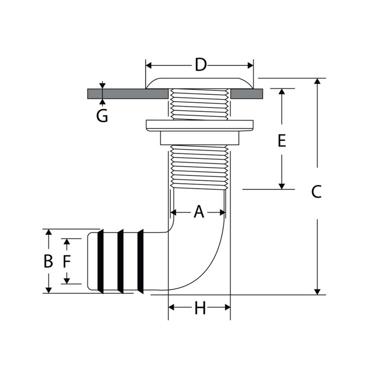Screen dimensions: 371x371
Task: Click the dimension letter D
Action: (x=201, y=65)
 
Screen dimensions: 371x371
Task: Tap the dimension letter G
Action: (x=102, y=116)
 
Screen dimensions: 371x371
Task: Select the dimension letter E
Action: (x=282, y=141)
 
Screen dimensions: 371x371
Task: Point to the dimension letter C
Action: (x=316, y=192)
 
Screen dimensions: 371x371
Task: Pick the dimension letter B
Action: (x=48, y=261)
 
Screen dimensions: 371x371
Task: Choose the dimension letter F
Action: (x=67, y=261)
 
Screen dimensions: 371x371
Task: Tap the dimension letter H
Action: (x=200, y=308)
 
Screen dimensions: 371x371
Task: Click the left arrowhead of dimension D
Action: (x=149, y=66)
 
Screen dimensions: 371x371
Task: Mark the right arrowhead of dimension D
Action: (x=250, y=66)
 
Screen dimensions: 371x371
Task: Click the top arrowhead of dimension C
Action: (x=317, y=81)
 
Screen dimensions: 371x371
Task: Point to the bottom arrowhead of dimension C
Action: (x=317, y=292)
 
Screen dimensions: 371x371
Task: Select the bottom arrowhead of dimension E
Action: (x=282, y=186)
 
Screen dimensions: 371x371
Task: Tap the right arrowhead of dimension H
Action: (x=228, y=307)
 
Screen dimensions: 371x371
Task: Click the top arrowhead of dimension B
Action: (x=49, y=232)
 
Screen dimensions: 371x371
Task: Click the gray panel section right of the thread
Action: (x=247, y=94)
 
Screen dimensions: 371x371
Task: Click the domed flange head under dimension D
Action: (x=200, y=83)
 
